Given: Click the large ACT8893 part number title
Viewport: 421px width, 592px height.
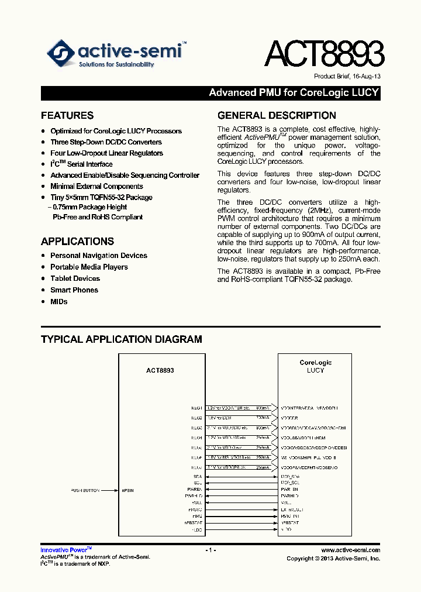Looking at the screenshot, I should pyautogui.click(x=324, y=55).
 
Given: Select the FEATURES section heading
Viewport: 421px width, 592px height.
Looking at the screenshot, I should pyautogui.click(x=67, y=115).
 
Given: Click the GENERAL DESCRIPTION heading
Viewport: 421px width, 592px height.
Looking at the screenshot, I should pyautogui.click(x=277, y=115).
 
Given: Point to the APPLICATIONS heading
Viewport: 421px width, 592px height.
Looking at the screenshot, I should pyautogui.click(x=77, y=241).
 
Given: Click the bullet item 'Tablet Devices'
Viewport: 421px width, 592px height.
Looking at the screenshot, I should pyautogui.click(x=75, y=278).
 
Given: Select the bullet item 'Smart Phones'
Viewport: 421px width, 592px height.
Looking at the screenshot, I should pyautogui.click(x=74, y=290).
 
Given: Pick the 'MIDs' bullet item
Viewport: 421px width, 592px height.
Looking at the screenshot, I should pyautogui.click(x=59, y=302).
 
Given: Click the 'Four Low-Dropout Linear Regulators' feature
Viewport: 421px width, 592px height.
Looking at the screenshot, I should pyautogui.click(x=106, y=153).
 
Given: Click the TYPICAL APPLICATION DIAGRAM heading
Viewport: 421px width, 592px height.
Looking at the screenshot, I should pyautogui.click(x=122, y=339).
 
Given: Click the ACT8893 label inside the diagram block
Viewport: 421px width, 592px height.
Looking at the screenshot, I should pyautogui.click(x=160, y=370).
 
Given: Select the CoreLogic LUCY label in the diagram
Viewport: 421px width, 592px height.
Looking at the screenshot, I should pyautogui.click(x=315, y=366).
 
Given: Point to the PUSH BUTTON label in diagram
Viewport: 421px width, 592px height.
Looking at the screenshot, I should pyautogui.click(x=85, y=490).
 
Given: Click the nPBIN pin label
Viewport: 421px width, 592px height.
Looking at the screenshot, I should pyautogui.click(x=127, y=490).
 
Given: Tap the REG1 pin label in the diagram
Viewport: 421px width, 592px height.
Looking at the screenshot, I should pyautogui.click(x=196, y=408).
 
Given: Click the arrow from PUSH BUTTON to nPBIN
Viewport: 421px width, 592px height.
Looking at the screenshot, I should pyautogui.click(x=109, y=490).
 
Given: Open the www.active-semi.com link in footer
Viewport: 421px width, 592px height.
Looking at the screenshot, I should pyautogui.click(x=351, y=550).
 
